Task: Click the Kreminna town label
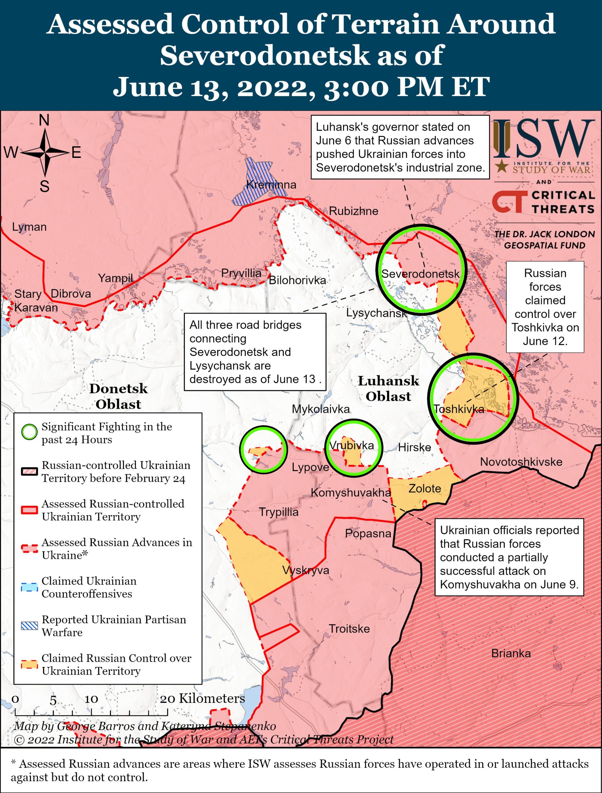coord(271,185)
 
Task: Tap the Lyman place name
coord(29,227)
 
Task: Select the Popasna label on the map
coord(368,533)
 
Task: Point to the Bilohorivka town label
coord(297,280)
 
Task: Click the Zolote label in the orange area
coord(424,488)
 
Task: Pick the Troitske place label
coord(349,629)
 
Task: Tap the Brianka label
coord(511,653)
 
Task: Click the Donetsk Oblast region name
coord(118,396)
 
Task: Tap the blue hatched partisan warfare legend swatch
coord(29,626)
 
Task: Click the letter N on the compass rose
coord(44,121)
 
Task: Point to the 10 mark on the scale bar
coord(91,699)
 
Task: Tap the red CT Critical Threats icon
coord(509,201)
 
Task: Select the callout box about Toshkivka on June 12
coord(545,307)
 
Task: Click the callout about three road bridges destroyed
coord(255,352)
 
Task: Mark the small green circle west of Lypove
coord(264,449)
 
